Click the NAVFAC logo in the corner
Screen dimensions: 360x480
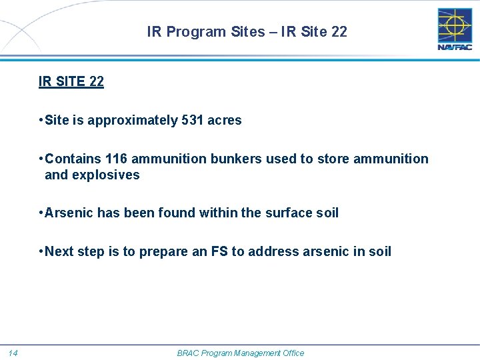(x=454, y=29)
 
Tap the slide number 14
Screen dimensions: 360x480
(x=14, y=353)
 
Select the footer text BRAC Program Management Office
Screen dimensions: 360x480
(x=240, y=353)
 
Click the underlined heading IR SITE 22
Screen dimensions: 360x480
(x=71, y=82)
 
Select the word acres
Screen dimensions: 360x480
(x=225, y=121)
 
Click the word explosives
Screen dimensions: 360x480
(x=109, y=175)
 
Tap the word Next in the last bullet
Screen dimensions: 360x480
(x=60, y=251)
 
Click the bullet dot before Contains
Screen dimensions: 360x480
(x=41, y=159)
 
